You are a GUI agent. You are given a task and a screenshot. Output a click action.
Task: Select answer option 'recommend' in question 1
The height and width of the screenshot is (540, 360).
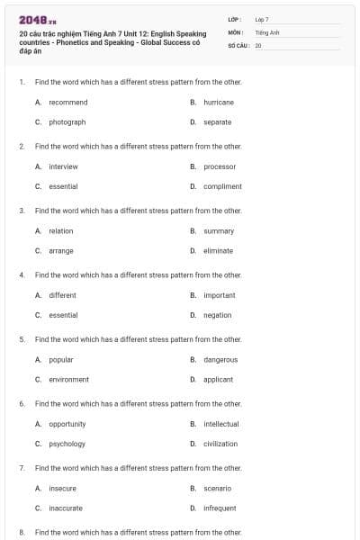(67, 103)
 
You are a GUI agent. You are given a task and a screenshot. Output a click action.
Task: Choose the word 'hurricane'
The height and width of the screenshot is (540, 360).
(219, 103)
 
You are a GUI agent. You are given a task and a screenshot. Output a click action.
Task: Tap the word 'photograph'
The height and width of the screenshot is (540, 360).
(67, 122)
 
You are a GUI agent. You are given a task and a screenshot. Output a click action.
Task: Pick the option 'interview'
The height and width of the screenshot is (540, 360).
(63, 166)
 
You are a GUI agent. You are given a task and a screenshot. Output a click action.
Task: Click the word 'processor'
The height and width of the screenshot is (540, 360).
(220, 166)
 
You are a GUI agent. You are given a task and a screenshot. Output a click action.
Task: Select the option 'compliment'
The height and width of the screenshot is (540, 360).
(222, 186)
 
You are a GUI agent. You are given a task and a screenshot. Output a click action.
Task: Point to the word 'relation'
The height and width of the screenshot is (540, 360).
(61, 231)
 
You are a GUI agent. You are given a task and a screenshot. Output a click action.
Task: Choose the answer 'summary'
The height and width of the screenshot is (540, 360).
(219, 231)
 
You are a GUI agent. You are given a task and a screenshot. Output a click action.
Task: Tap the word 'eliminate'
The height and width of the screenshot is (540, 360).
(219, 251)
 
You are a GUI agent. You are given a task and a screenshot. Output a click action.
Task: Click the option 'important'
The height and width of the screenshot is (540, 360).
(220, 295)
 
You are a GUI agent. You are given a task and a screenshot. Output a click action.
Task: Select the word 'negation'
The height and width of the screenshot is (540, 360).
(218, 315)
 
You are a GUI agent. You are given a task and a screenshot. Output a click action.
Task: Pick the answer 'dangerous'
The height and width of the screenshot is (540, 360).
(220, 360)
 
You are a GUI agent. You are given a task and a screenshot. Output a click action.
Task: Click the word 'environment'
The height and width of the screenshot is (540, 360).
(68, 380)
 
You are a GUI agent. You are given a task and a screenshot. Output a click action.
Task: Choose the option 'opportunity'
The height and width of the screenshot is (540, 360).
(67, 424)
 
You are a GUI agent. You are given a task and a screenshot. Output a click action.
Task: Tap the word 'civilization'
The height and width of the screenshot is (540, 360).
(220, 444)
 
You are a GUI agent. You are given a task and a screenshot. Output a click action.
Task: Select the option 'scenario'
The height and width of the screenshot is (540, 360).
(218, 489)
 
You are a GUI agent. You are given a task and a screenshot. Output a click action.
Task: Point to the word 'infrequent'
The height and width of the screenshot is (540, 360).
(220, 508)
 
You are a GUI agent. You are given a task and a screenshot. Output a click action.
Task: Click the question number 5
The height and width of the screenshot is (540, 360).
(22, 339)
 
